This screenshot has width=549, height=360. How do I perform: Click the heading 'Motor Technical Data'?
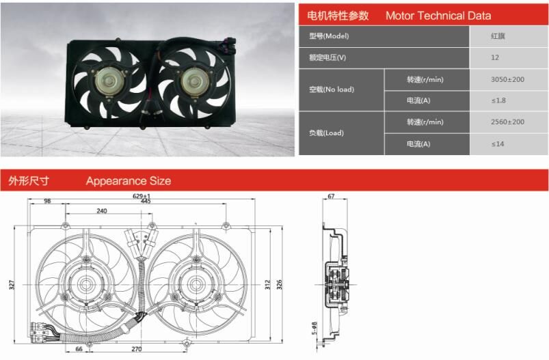pyautogui.click(x=438, y=16)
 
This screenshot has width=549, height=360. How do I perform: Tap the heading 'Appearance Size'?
pyautogui.click(x=129, y=181)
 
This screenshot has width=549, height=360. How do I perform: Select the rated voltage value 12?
pyautogui.click(x=494, y=57)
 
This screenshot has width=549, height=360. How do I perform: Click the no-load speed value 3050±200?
pyautogui.click(x=507, y=80)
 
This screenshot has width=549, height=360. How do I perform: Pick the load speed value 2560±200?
pyautogui.click(x=507, y=122)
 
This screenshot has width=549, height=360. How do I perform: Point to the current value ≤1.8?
pyautogui.click(x=498, y=102)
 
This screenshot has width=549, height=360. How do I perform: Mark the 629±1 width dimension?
pyautogui.click(x=141, y=196)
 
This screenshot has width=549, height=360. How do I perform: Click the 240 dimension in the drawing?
pyautogui.click(x=102, y=212)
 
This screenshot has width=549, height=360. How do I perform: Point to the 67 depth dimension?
pyautogui.click(x=331, y=197)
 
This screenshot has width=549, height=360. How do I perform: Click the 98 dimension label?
pyautogui.click(x=47, y=202)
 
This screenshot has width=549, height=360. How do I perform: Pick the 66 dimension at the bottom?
pyautogui.click(x=79, y=349)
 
